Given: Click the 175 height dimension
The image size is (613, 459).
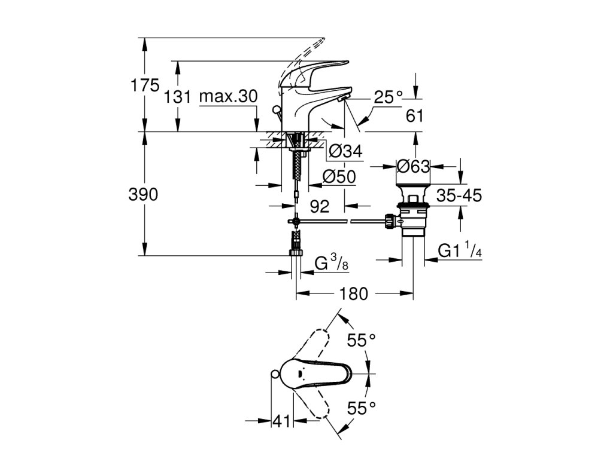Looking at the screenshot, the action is point(145,85).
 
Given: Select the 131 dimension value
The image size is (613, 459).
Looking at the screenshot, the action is point(177,96).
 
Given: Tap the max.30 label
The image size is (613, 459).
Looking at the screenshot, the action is point(228,96).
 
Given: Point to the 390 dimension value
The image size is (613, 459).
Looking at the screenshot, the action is point(144,194).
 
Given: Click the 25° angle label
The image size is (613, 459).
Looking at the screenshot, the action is point(388,97).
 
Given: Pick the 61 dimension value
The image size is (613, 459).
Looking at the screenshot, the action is point(415,116).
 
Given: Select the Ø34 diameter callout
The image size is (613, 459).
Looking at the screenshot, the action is point(345,151).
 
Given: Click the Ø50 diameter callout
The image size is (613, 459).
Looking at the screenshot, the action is point(339,177).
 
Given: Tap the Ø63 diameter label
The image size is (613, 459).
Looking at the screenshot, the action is point(413,167).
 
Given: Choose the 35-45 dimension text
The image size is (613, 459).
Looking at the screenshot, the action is point(459,195).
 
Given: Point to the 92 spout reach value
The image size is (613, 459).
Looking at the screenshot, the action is point(320,206).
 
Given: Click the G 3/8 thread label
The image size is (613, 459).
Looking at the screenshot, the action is point(332,263).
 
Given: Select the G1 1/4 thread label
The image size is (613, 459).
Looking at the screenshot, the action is point(460,250).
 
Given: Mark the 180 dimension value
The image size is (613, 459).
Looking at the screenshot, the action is point(353,293).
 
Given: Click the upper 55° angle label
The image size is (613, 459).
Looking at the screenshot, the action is point(362,340).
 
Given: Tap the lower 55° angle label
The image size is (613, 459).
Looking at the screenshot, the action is point(362,409).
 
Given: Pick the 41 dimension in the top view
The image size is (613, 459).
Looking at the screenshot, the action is point(282,421).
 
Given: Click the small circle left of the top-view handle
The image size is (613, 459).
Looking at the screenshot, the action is point(274,375).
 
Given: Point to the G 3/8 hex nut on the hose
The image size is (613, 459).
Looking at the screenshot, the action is point(297,252).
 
